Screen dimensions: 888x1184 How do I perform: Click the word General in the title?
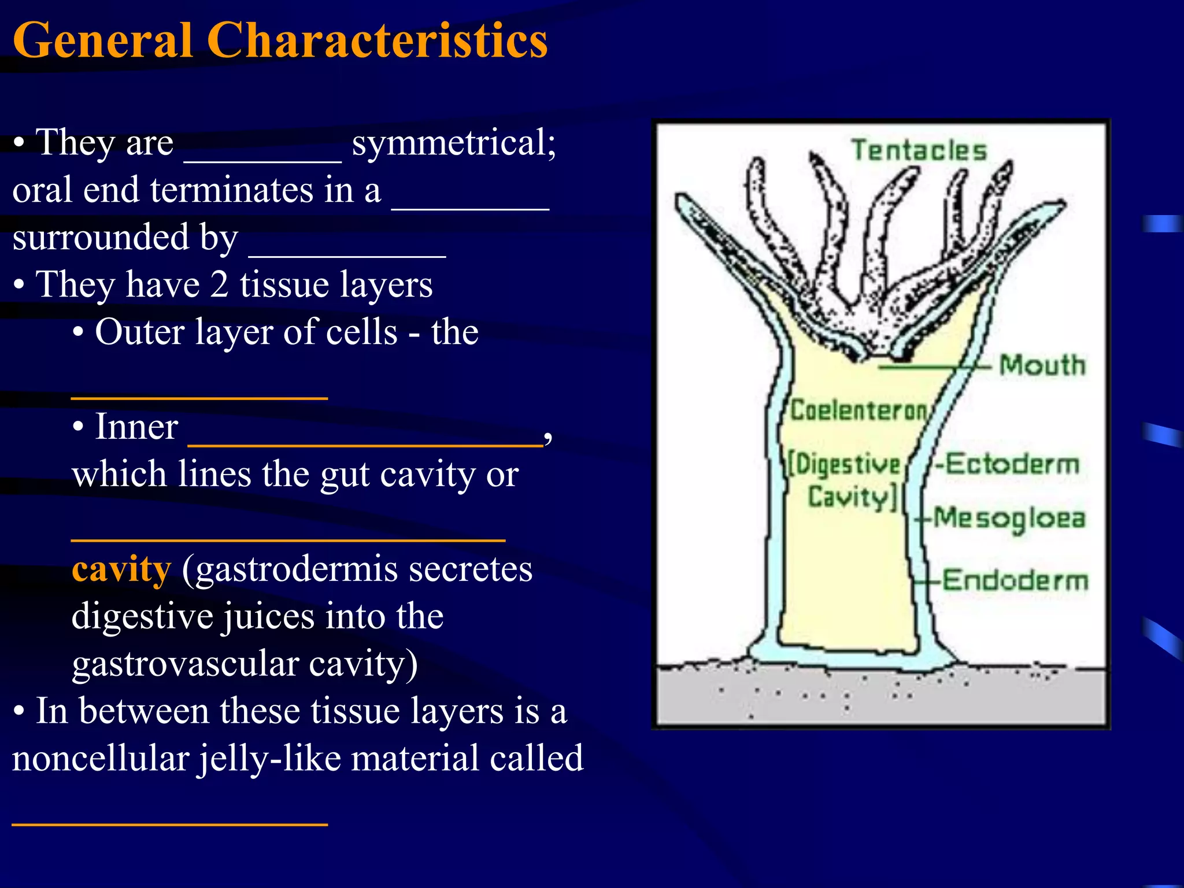click(x=102, y=40)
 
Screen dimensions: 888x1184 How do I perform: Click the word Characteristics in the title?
click(x=377, y=40)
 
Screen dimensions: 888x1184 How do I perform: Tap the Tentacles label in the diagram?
click(x=919, y=150)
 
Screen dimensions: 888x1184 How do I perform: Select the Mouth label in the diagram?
click(x=1042, y=365)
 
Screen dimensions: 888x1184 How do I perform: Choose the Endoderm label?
click(x=1015, y=580)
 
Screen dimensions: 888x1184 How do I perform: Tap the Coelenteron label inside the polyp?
click(x=859, y=410)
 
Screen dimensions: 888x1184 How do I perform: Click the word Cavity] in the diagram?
click(x=852, y=497)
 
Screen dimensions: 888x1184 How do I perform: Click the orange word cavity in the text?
click(x=121, y=569)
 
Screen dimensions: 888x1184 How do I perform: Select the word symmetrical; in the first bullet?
click(x=454, y=142)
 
